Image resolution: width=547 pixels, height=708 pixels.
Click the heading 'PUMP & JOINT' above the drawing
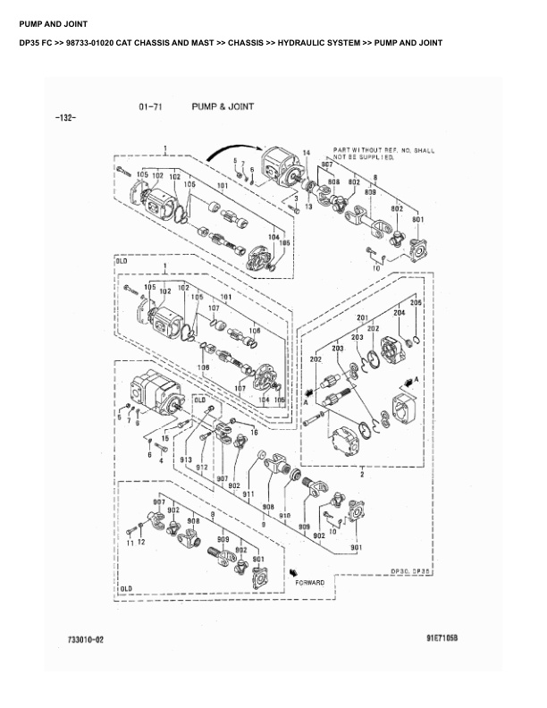coord(223,106)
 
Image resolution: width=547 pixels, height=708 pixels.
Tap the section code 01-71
coord(150,107)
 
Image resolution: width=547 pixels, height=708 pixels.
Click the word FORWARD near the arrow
coord(310,582)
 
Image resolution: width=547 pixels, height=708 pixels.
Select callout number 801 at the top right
coord(417,219)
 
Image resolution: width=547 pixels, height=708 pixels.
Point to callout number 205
coord(416,303)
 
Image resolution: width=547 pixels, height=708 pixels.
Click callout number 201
coord(363,318)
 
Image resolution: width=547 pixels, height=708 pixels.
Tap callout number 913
coord(188,459)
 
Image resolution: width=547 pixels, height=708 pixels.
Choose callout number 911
coord(248,493)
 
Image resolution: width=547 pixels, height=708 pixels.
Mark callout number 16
coord(255,432)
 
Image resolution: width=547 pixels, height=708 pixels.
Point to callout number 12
coord(141,543)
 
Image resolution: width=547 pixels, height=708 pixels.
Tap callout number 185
coord(285,242)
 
